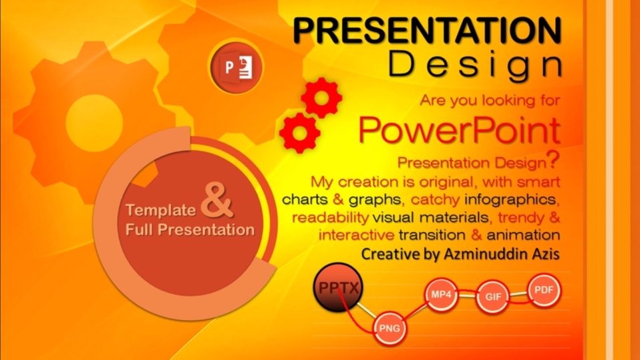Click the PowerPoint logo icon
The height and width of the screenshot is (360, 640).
point(236,67)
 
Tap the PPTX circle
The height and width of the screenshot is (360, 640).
point(338,287)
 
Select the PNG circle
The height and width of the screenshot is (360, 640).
point(389,328)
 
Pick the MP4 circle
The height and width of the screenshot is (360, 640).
point(441,295)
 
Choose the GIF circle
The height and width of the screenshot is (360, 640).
point(492,297)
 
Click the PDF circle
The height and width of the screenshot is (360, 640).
point(544,290)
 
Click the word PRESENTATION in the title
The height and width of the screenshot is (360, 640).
point(427,31)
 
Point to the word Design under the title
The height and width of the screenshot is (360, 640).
point(475,65)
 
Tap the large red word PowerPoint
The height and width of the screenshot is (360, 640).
point(460,130)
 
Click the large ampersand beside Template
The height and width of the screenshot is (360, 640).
point(217,200)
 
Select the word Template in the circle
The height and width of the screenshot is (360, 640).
point(161,210)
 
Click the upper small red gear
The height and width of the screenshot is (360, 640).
point(321,98)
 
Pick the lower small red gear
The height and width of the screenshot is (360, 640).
point(299,133)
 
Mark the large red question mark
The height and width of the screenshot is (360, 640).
point(553,160)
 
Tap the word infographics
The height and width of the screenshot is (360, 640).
point(510,200)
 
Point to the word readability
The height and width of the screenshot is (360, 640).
point(331,217)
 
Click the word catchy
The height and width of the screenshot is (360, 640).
point(435,200)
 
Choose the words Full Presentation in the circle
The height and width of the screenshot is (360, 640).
point(190,229)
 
